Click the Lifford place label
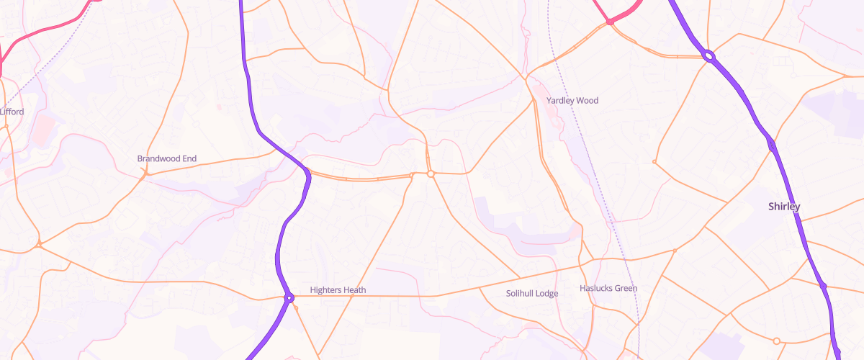coord(12,112)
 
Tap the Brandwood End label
coord(166,158)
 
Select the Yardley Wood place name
coord(572,101)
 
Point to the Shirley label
coord(784,207)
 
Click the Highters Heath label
coord(338,290)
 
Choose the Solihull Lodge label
coord(531,293)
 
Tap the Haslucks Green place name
coord(608,289)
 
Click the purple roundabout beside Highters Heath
coord(289,297)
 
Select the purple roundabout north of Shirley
coord(708,55)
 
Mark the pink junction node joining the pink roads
coord(609,22)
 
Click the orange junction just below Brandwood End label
coord(145,174)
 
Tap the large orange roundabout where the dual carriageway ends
coord(431,174)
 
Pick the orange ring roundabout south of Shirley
coord(776,341)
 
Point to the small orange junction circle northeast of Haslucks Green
coord(675,251)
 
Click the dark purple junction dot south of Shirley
coord(822,286)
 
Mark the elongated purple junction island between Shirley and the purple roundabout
coord(772,144)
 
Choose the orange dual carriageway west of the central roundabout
coord(360,178)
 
